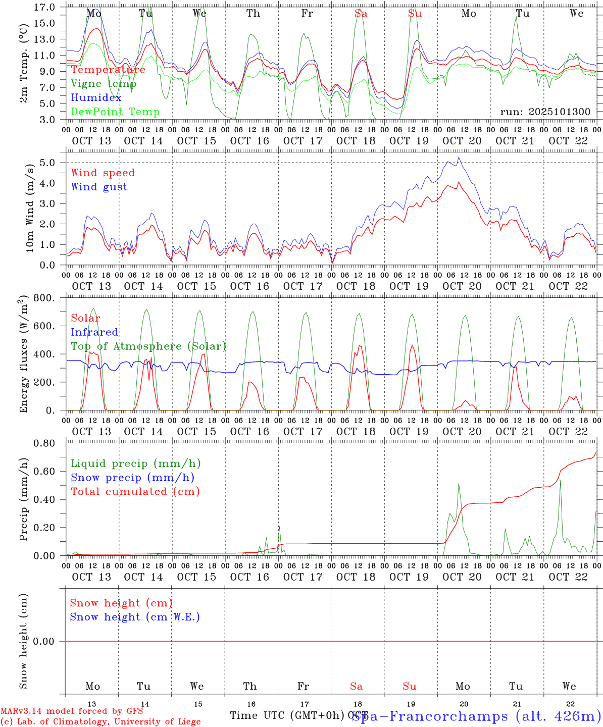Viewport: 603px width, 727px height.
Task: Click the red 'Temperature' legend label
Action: click(108, 70)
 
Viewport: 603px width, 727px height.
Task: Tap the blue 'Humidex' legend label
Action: click(96, 98)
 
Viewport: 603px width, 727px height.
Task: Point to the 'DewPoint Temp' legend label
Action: click(115, 112)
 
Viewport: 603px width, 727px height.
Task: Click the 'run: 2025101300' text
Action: click(545, 112)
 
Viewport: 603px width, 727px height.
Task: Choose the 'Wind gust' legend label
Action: click(99, 187)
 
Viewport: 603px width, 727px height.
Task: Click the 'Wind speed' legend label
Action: click(103, 173)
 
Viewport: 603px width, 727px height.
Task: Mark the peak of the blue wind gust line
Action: click(459, 157)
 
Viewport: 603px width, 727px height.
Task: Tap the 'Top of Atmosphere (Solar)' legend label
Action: click(148, 346)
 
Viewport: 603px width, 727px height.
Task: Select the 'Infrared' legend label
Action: click(94, 332)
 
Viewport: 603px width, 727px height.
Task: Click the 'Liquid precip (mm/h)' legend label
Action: click(135, 463)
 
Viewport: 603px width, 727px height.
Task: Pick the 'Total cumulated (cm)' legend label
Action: click(135, 492)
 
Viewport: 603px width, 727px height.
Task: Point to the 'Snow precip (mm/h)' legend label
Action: click(132, 478)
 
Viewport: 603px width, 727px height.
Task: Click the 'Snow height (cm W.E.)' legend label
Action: click(135, 617)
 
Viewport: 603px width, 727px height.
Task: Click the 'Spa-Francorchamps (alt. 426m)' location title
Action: click(476, 716)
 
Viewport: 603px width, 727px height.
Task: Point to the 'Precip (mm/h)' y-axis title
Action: click(23, 499)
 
